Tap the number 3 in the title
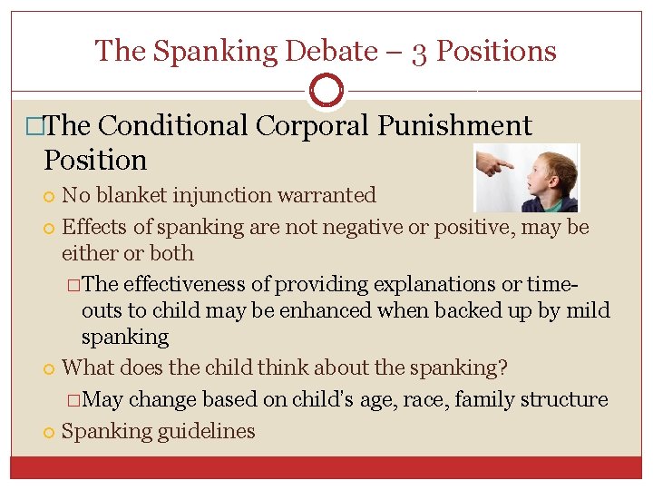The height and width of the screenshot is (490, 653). click(x=419, y=51)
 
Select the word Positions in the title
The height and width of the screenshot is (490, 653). click(x=497, y=51)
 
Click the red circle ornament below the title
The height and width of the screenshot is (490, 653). click(x=326, y=91)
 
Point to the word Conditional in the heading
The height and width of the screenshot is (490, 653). click(x=173, y=126)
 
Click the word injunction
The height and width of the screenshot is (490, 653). click(x=239, y=195)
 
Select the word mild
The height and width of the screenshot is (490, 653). click(x=588, y=311)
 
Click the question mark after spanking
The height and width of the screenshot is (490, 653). click(x=503, y=368)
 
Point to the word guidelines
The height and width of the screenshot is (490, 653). click(x=207, y=431)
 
